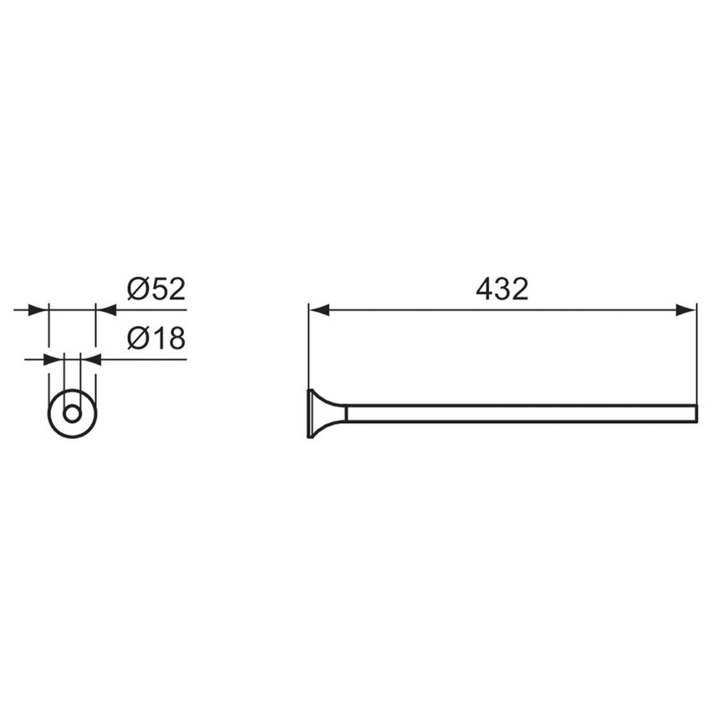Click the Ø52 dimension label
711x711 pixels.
(x=156, y=289)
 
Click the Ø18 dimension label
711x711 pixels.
(x=156, y=338)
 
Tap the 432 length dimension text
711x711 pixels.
(x=502, y=289)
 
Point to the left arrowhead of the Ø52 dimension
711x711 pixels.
(x=38, y=310)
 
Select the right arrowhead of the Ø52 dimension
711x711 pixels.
(x=106, y=310)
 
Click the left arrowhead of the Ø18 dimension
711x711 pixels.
(x=54, y=360)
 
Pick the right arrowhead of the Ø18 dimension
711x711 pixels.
(x=90, y=360)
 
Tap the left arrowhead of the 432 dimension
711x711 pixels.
(x=319, y=310)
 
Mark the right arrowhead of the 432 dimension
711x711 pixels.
(x=686, y=310)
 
